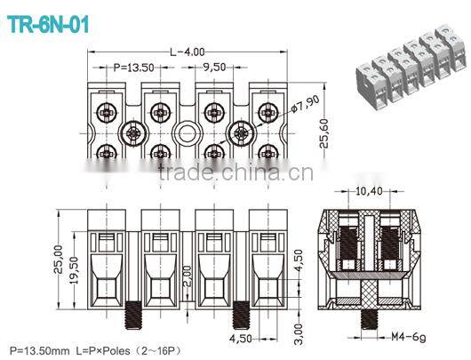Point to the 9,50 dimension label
coord(213,67)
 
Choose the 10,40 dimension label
coord(368,190)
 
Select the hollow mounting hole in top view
coord(187,133)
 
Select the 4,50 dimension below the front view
coord(242,339)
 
